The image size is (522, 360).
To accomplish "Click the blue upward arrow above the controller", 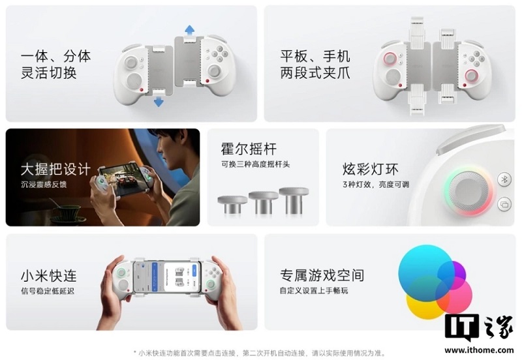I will (x=189, y=29).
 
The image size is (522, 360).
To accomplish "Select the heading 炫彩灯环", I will (x=370, y=170).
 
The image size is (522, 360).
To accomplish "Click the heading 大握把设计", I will (x=55, y=169).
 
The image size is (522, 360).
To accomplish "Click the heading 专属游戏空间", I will (x=322, y=275).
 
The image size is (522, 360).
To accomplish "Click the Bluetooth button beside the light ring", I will (x=504, y=179).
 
